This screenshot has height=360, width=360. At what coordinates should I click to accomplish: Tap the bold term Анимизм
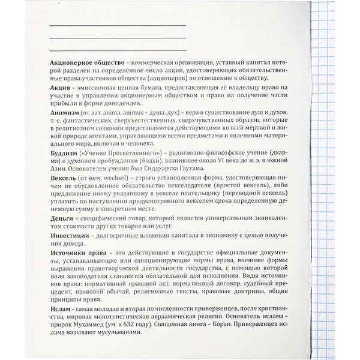pyautogui.click(x=65, y=112)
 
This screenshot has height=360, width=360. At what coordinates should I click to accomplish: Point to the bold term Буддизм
pyautogui.click(x=64, y=154)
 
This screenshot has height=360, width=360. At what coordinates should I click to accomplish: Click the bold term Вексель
pyautogui.click(x=64, y=179)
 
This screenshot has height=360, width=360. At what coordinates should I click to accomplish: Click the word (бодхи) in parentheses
pyautogui.click(x=152, y=163)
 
